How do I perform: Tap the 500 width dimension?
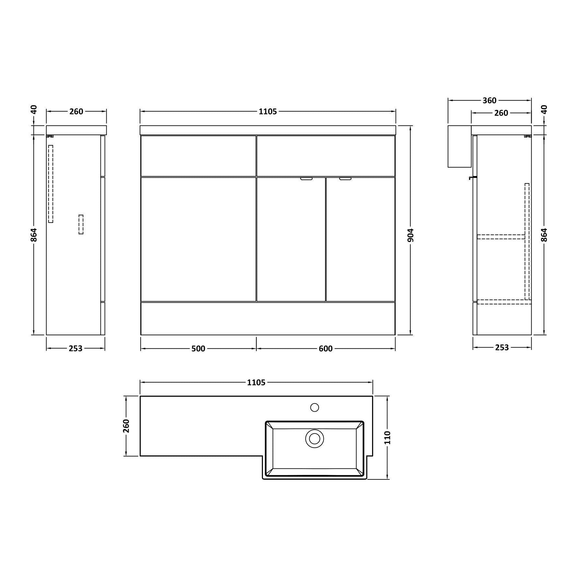(x=198, y=348)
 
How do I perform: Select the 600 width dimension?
(x=325, y=348)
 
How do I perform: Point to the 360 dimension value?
(x=489, y=100)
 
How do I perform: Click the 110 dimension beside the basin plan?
(x=388, y=438)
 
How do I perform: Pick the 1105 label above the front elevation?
(x=268, y=112)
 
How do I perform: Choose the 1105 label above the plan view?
(x=256, y=382)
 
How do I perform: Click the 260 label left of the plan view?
(x=126, y=426)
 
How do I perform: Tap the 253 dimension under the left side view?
(x=76, y=348)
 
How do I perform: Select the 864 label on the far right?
(x=544, y=235)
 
